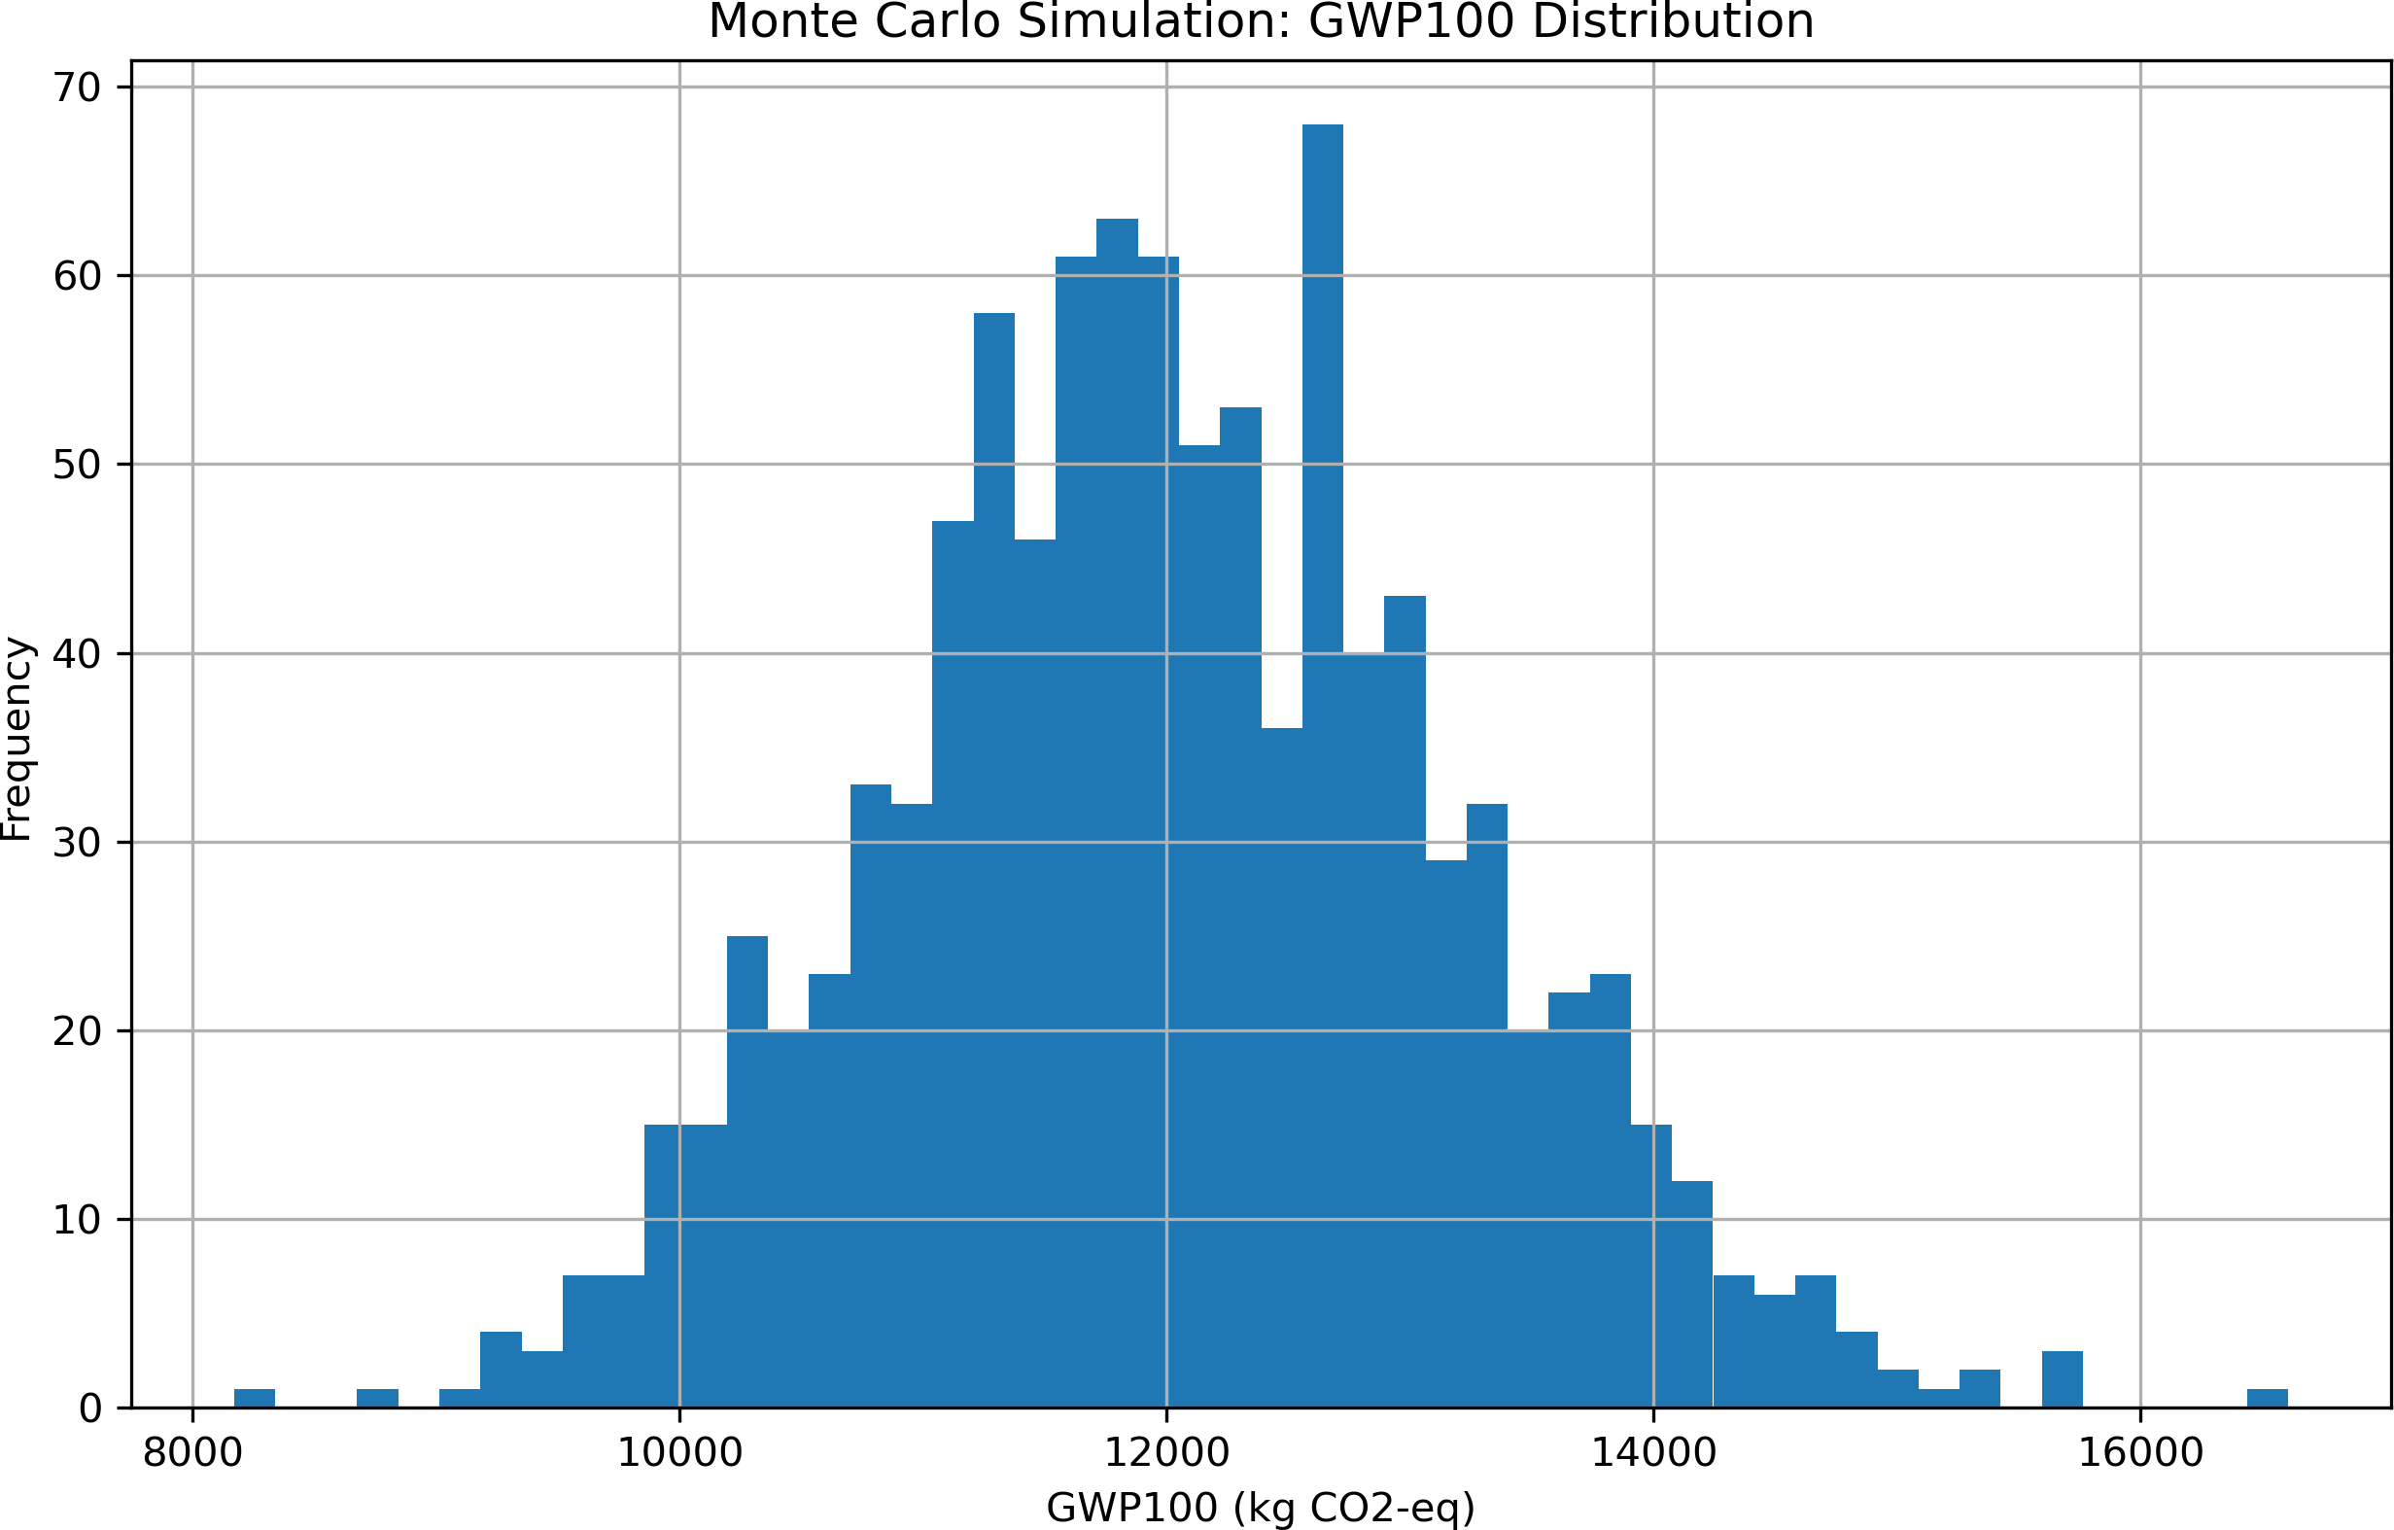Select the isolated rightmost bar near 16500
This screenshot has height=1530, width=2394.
click(x=2267, y=1399)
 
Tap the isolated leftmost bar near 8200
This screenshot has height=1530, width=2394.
click(x=255, y=1399)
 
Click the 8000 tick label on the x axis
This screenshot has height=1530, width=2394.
click(x=192, y=1453)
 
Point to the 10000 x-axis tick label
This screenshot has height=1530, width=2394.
click(x=679, y=1453)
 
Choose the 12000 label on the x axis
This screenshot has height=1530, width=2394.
click(x=1166, y=1453)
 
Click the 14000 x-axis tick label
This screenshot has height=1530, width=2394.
click(x=1653, y=1453)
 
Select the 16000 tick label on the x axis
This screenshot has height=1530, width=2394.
click(x=2140, y=1453)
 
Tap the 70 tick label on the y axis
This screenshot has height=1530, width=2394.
click(x=77, y=87)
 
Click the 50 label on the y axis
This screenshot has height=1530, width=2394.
click(x=77, y=465)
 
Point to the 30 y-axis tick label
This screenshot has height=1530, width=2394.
click(x=77, y=843)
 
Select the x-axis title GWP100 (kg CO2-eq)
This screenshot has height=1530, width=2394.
click(x=1260, y=1507)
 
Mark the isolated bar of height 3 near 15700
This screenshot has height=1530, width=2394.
click(x=2062, y=1380)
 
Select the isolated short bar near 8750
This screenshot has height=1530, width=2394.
click(x=378, y=1399)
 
